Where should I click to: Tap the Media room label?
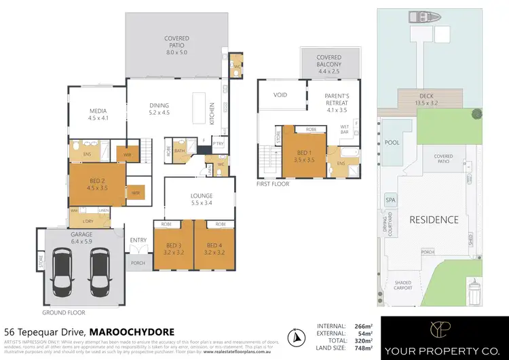pyautogui.click(x=98, y=117)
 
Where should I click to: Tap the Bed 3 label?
pyautogui.click(x=172, y=248)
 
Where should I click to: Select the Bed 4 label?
pyautogui.click(x=214, y=248)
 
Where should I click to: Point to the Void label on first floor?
pyautogui.click(x=281, y=95)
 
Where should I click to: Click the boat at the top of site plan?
pyautogui.click(x=414, y=17)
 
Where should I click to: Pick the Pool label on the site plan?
pyautogui.click(x=392, y=143)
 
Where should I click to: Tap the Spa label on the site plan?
pyautogui.click(x=390, y=200)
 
